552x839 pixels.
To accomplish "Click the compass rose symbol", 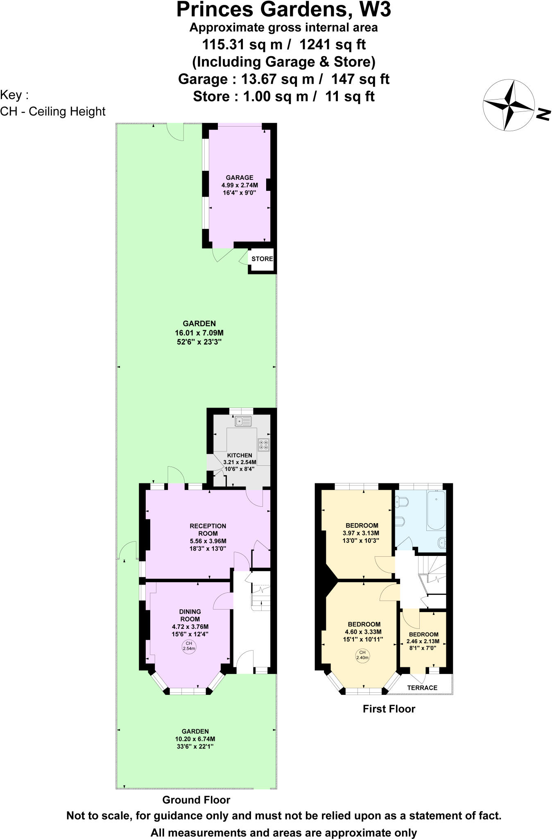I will tap(509, 105).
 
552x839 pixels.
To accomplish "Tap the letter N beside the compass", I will tap(543, 114).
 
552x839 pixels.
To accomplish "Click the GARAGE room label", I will tap(240, 177).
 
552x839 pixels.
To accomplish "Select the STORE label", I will tap(262, 259).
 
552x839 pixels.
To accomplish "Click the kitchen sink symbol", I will tap(243, 421).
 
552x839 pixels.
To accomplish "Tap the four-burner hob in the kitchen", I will tap(264, 445).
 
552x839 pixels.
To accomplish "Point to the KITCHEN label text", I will tap(240, 455).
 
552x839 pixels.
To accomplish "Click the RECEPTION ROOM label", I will tap(208, 530).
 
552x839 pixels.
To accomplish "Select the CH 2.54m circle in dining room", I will tap(189, 646).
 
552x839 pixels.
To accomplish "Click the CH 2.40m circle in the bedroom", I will tap(362, 655).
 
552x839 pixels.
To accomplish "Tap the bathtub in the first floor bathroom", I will tap(436, 510).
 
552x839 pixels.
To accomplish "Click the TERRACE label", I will tap(422, 688).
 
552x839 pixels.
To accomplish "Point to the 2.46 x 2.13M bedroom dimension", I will tap(423, 642).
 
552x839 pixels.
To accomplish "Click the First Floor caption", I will tap(389, 709).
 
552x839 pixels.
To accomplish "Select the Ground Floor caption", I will tap(196, 800).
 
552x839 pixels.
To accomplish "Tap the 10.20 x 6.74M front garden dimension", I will tap(195, 739).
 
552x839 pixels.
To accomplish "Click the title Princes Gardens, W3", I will tap(283, 10).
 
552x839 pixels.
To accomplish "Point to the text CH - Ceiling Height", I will tap(53, 111).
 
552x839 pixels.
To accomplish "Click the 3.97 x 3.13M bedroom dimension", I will tap(361, 533).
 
